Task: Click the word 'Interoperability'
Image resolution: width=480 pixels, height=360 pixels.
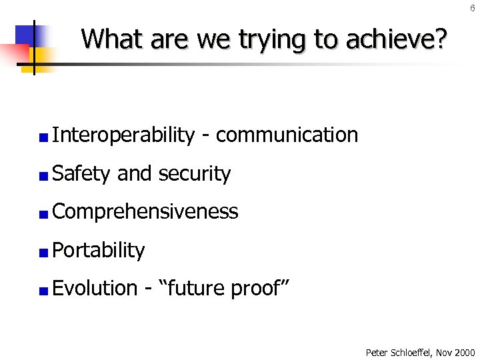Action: point(123,135)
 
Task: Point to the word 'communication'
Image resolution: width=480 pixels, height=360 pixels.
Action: point(287,135)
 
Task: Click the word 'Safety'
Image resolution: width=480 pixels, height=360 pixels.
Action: point(81,174)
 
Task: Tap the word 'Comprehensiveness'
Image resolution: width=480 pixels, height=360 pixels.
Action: point(145,212)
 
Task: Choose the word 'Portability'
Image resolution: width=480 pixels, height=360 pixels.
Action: point(98,251)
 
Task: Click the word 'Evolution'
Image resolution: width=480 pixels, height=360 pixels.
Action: point(94,289)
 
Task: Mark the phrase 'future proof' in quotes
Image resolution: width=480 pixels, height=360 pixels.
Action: point(225,289)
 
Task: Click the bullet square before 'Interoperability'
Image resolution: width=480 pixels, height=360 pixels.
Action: point(43,138)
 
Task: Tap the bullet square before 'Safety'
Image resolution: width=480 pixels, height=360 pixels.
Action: point(43,176)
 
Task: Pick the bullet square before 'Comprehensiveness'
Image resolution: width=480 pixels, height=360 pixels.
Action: point(43,215)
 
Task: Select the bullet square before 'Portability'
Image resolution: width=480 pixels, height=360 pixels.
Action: point(43,253)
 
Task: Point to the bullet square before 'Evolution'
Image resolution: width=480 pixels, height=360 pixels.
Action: point(43,291)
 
